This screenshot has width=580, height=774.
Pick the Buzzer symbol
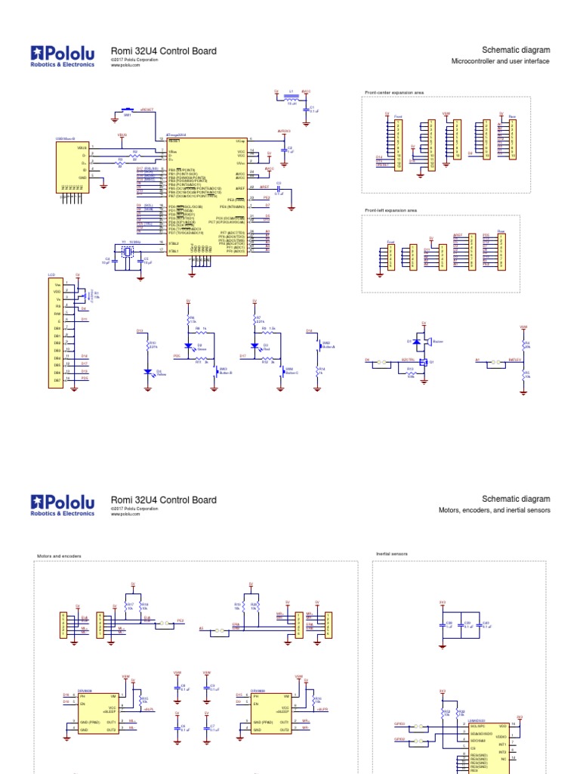pos(427,342)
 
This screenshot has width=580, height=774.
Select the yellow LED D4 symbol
pos(149,372)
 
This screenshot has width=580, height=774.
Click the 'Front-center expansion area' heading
pos(394,92)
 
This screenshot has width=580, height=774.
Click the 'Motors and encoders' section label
pos(59,556)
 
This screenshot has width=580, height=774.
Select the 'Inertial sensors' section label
pos(392,554)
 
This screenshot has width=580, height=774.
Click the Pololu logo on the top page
pos(63,55)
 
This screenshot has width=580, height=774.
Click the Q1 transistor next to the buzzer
pos(424,362)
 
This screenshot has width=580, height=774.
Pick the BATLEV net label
pos(515,361)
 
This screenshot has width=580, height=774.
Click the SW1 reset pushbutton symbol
pos(128,108)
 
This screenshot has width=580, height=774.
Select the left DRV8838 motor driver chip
pos(96,711)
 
